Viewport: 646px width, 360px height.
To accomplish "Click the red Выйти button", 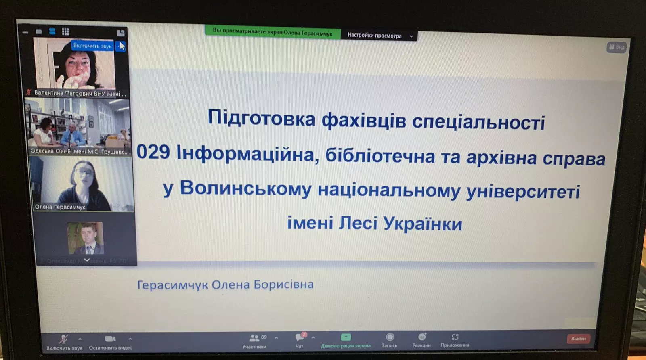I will (x=578, y=339).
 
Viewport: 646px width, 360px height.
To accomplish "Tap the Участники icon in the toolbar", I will (x=254, y=338).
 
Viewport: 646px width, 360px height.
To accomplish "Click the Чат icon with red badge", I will (x=299, y=337).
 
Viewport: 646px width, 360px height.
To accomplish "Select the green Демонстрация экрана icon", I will (x=346, y=337).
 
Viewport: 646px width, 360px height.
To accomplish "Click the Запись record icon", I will (x=390, y=337).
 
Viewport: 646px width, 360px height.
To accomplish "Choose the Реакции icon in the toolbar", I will (x=422, y=337).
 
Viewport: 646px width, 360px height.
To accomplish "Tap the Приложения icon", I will (x=455, y=337).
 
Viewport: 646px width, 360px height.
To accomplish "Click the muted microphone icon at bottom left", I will (x=63, y=339).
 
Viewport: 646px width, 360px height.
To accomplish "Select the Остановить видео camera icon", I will (x=110, y=339).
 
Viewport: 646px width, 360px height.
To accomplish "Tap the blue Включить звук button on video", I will (x=92, y=46).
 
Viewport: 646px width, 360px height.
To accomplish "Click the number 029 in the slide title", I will (x=153, y=152).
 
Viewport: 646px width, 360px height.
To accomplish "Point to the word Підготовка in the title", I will (x=261, y=118).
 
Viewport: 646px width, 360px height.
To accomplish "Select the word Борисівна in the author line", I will (x=283, y=285).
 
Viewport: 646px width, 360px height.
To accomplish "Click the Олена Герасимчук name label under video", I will (x=60, y=207).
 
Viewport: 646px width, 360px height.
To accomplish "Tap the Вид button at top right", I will (x=617, y=47).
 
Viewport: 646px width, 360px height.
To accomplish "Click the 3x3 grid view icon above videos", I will (x=65, y=31).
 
